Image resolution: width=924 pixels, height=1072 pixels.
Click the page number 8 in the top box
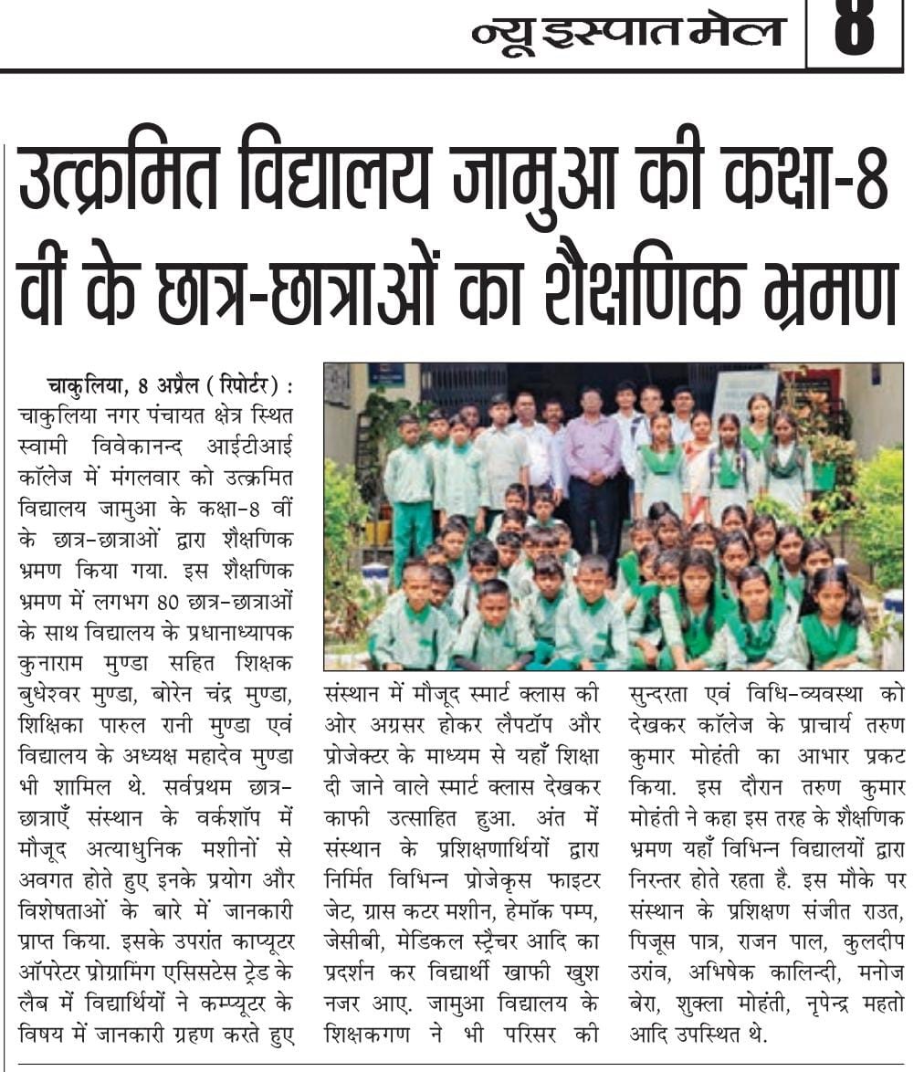click(855, 32)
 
